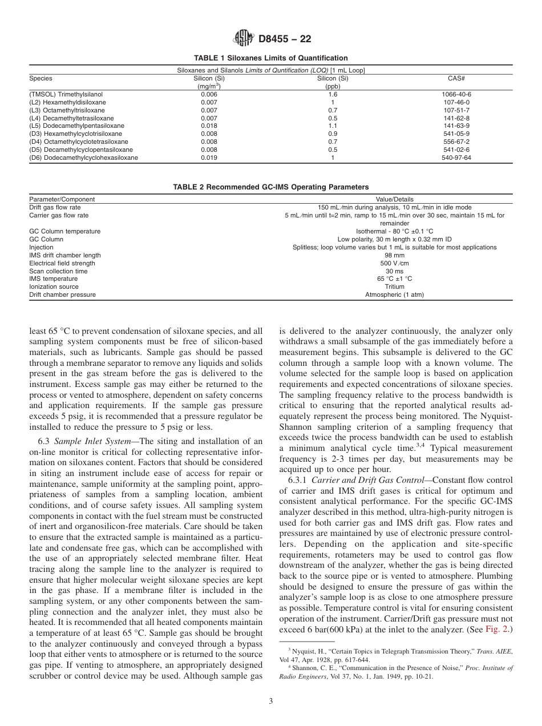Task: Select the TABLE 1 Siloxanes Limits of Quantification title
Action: (270, 58)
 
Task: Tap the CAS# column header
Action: (456, 78)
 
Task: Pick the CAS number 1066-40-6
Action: (456, 94)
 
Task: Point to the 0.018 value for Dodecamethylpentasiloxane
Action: (209, 126)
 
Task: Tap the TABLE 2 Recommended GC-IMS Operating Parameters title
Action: (270, 187)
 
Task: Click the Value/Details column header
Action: (394, 199)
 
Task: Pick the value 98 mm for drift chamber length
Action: (394, 255)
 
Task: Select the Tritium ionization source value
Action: (394, 287)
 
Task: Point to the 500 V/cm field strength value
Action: (394, 263)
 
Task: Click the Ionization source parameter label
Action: (54, 287)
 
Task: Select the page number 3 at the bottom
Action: (270, 701)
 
